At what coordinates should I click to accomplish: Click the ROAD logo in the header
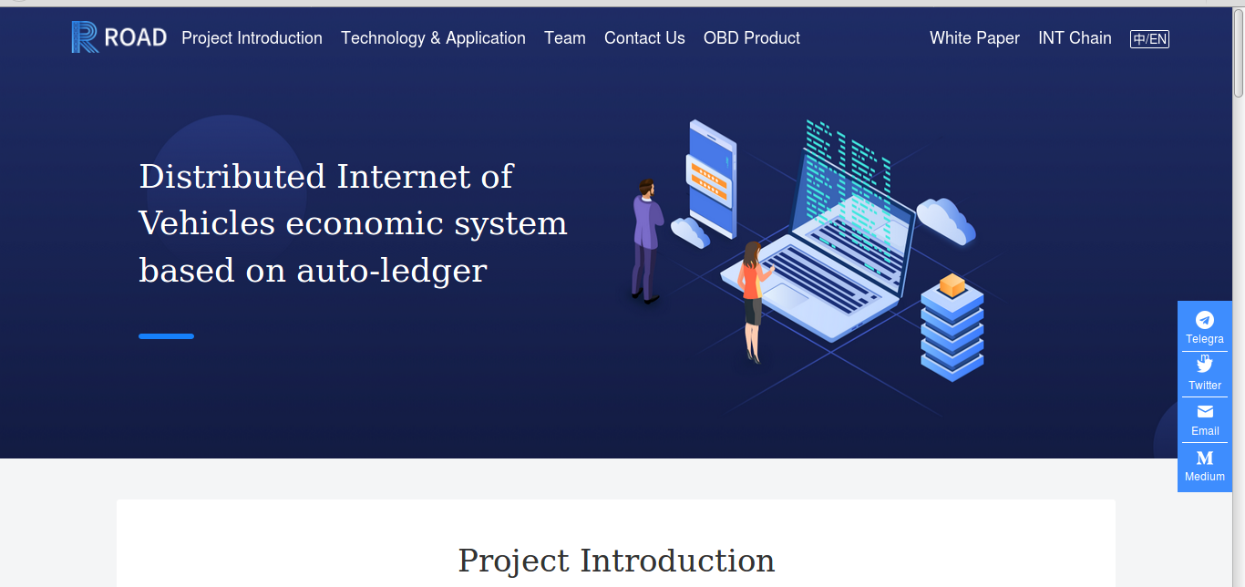119,37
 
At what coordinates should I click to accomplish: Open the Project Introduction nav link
252,37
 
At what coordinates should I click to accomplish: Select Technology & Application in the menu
433,37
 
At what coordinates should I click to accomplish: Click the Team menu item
565,37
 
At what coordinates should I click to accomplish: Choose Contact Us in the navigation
644,37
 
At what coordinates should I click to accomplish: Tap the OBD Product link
751,37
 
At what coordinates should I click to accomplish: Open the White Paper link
975,37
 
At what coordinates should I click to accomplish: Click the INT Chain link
1075,37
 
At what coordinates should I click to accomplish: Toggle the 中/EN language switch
1149,39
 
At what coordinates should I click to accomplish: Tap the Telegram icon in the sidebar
1204,320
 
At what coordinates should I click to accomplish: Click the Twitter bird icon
1204,365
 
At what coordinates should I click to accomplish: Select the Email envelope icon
1205,411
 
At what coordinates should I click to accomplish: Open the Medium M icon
1205,458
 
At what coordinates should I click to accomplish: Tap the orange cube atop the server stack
952,285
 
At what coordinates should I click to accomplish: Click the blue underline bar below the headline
166,336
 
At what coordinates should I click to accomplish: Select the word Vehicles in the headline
207,223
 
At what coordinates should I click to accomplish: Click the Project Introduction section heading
616,561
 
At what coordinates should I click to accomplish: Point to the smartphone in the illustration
713,179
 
